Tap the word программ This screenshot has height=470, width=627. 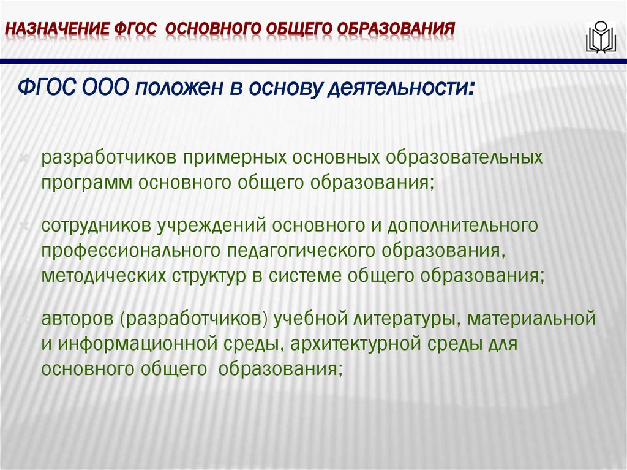(x=86, y=182)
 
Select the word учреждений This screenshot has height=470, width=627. (x=210, y=226)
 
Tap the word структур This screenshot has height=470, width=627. (x=208, y=275)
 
